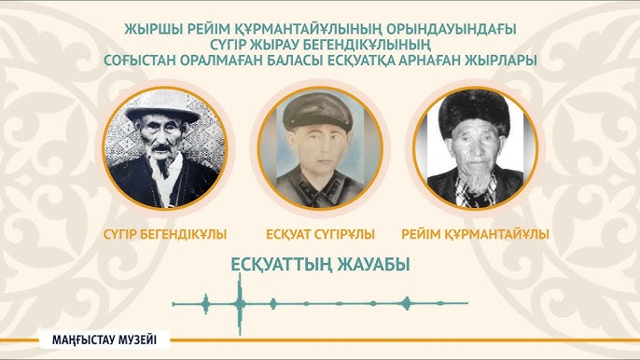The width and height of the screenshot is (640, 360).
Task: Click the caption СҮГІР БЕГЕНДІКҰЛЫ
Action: click(166, 233)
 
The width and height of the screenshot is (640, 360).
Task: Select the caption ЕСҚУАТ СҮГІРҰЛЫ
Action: click(320, 233)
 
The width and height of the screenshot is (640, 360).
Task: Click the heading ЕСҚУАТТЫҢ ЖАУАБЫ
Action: click(320, 264)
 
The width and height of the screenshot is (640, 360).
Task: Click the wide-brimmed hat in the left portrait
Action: click(164, 110)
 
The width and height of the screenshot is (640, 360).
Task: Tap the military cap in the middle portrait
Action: click(320, 113)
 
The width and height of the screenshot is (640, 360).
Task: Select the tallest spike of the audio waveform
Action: click(240, 303)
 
